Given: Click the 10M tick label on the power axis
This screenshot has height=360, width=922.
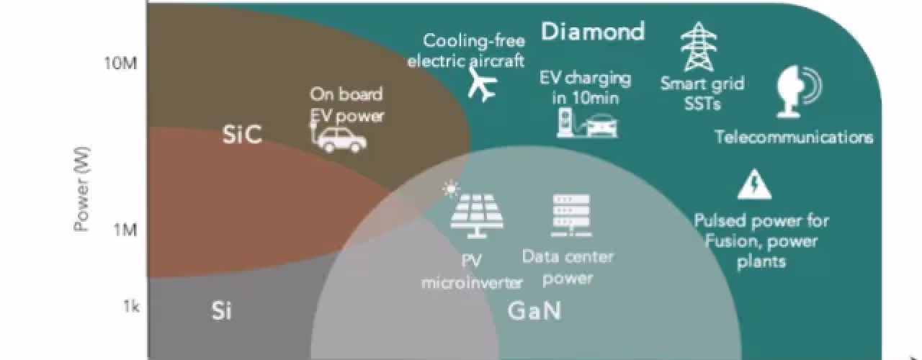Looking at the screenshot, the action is (120, 64).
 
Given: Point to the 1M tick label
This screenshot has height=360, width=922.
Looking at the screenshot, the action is (125, 230).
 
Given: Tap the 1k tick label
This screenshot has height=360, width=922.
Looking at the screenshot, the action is (131, 306).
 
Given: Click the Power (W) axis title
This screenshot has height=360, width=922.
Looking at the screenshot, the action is (81, 189).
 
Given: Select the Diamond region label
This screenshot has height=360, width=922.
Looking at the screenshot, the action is (593, 32).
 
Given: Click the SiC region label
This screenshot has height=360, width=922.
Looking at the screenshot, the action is (242, 134).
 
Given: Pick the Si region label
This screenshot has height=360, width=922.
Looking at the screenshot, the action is (221, 310).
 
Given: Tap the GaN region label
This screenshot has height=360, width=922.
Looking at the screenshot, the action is (534, 310).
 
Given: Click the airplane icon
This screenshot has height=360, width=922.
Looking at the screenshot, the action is (483, 84).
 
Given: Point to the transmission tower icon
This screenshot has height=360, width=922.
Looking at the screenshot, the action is (699, 47).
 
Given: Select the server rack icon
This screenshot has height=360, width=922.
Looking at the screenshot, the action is (571, 215).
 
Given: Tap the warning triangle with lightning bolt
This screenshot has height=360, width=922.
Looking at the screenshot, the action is (754, 184).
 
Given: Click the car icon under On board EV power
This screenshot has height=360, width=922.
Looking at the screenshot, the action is (339, 138).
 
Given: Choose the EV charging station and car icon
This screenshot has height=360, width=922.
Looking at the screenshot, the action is (587, 122).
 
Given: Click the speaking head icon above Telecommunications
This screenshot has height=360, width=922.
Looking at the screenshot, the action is (799, 91).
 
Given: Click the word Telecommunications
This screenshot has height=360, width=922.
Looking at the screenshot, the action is (794, 137).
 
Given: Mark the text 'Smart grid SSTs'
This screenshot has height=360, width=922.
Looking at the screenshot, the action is (702, 94).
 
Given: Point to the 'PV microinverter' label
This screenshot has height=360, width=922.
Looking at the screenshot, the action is (472, 271).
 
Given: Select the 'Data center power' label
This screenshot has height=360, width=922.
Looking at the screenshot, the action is (568, 267).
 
